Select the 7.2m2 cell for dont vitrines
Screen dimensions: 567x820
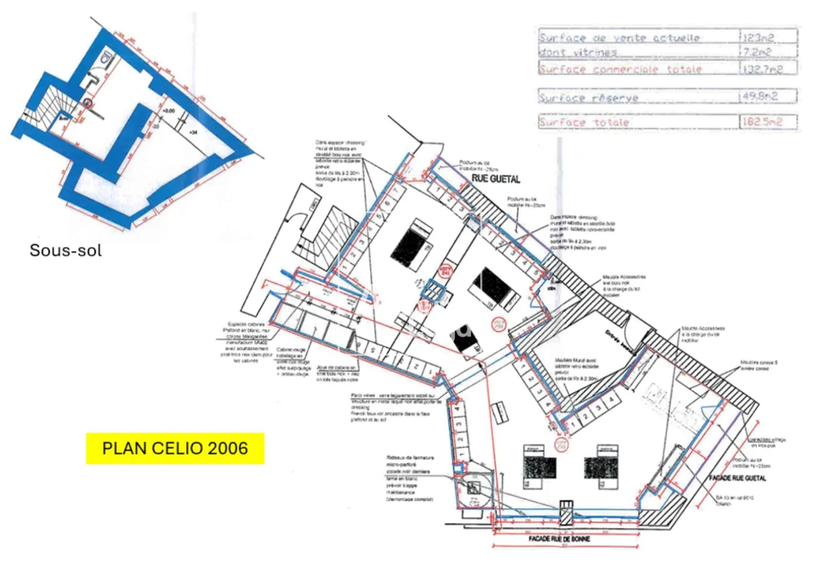point(757,52)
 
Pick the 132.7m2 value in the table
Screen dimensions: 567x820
point(762,69)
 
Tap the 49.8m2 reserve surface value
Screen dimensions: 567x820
point(760,97)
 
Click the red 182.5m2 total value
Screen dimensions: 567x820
point(762,122)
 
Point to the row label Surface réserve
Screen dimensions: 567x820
point(588,98)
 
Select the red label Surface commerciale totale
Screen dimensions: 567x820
point(620,69)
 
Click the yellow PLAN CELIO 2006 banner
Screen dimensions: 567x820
point(175,448)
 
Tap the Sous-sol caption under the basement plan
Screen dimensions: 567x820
point(66,250)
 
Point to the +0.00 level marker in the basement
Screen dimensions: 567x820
point(168,111)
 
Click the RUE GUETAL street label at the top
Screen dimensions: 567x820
point(496,179)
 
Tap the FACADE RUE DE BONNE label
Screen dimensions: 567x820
point(559,539)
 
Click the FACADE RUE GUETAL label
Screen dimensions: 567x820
point(737,478)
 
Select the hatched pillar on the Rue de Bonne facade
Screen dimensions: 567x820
point(566,512)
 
